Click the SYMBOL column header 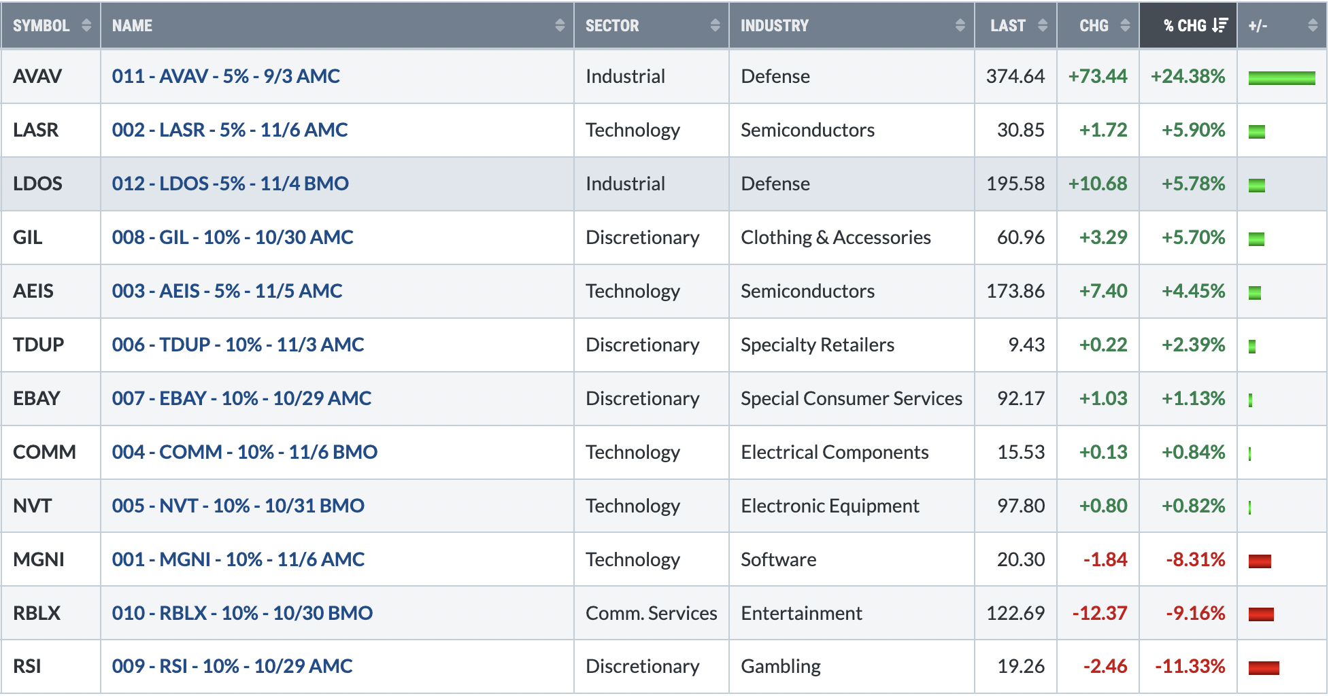[41, 26]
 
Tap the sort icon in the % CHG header [1219, 25]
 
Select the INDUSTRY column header [775, 26]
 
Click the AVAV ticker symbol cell [37, 76]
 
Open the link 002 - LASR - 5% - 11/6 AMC [230, 130]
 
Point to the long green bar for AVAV [1281, 78]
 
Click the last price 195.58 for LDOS [1015, 184]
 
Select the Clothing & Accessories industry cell [836, 237]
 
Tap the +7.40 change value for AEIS [1103, 291]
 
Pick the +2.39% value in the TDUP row [1194, 345]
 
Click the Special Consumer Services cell [852, 398]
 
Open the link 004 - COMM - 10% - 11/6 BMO [245, 452]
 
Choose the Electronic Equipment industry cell [830, 506]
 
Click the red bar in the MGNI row [1260, 561]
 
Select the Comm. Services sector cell [651, 613]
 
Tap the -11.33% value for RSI [1190, 666]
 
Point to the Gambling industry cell [781, 667]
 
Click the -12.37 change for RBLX [1100, 613]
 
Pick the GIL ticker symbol [28, 237]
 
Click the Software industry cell [779, 559]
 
